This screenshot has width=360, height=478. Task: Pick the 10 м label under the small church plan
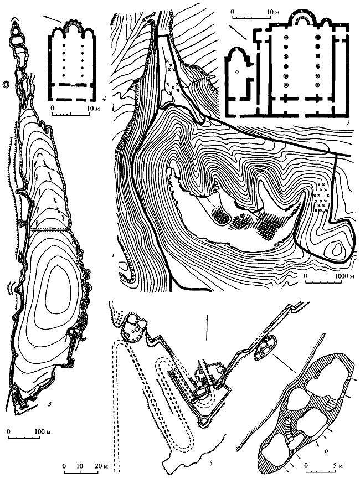pyautogui.click(x=92, y=108)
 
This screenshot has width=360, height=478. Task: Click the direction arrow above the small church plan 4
pyautogui.click(x=53, y=19)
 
